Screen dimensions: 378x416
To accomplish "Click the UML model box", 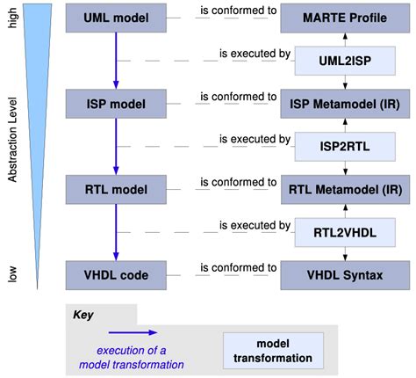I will point(116,17).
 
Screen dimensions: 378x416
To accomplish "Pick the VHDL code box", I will point(116,274).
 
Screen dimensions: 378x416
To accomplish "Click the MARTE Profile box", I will point(344,17).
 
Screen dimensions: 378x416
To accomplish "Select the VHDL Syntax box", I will point(344,274).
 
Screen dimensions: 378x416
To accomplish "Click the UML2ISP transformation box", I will point(344,62).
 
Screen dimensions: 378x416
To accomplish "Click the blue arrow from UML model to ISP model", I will point(116,60).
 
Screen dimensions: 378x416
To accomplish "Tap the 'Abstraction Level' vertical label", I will point(12,145).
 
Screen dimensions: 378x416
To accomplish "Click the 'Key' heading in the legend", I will point(81,312).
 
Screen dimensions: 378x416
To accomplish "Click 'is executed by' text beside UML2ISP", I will point(255,54).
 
